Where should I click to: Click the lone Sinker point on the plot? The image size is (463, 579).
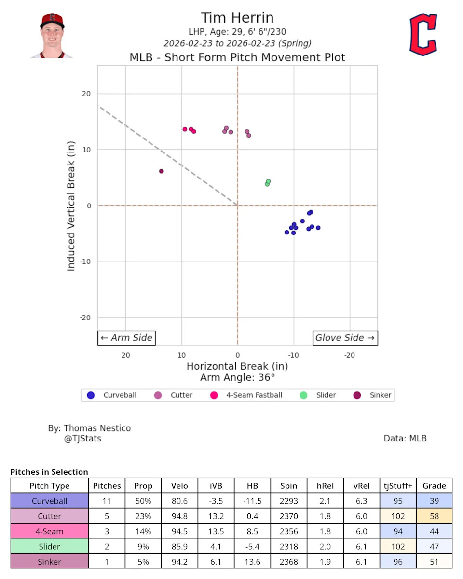(161, 171)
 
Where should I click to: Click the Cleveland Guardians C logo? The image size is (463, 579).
(423, 34)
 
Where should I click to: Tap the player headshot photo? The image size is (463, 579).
(52, 36)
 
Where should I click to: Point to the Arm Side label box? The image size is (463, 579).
(127, 338)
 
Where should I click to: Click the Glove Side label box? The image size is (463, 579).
(345, 338)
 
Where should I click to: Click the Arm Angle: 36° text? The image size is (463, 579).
(237, 377)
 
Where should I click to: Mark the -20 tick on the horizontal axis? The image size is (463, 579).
(350, 355)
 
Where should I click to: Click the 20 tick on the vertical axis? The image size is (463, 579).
(87, 94)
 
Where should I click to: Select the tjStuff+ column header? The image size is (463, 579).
(397, 486)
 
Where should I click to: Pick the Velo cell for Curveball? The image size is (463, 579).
(179, 501)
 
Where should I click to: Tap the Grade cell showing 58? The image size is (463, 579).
(434, 516)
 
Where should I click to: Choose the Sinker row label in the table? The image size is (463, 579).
(50, 562)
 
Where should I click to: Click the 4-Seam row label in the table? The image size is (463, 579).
(50, 531)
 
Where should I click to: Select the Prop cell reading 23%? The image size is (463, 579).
(143, 516)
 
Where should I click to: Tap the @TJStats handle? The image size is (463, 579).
(82, 439)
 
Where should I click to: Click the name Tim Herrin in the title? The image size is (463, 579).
(237, 18)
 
